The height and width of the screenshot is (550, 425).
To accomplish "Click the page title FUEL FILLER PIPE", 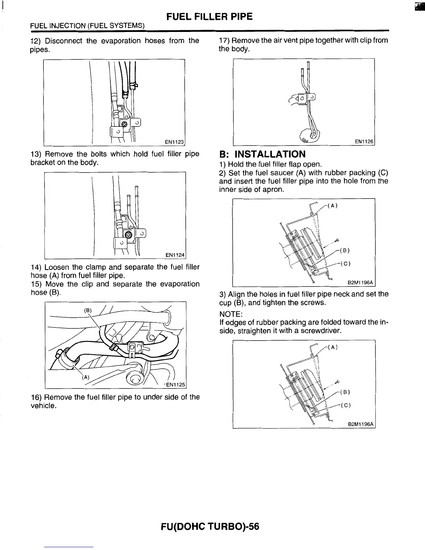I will tap(209, 16).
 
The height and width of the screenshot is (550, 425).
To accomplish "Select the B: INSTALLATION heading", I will tap(262, 154).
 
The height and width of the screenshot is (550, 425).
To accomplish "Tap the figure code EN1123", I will tap(174, 142).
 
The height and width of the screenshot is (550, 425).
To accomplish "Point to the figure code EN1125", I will tap(176, 384).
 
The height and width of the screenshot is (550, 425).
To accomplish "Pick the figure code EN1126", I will tap(364, 142).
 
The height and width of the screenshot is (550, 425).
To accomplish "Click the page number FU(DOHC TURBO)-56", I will tap(210, 527).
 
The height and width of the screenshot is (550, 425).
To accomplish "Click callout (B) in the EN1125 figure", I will tap(88, 310).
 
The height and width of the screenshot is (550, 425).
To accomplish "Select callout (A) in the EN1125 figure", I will tap(85, 377).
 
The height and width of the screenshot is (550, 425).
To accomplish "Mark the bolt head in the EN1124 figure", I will tap(128, 235).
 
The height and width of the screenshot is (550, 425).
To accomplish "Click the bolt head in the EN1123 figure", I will tap(124, 124).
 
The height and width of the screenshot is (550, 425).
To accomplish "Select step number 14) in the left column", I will tap(36, 267).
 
